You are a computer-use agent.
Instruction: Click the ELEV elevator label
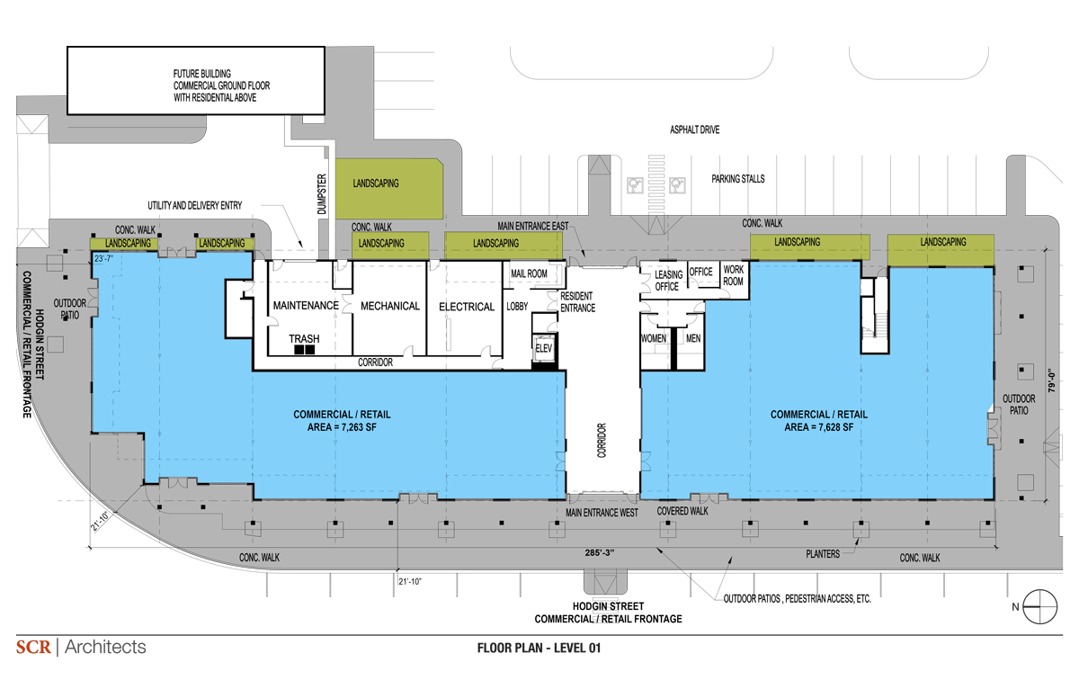click(x=543, y=348)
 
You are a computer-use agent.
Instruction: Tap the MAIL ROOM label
click(x=529, y=273)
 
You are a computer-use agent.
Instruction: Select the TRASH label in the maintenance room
click(x=304, y=338)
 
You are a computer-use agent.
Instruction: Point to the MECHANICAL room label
click(x=390, y=306)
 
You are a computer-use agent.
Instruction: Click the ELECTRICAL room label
click(x=467, y=307)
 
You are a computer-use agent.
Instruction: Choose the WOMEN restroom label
click(x=654, y=338)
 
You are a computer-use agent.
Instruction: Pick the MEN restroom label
click(x=693, y=338)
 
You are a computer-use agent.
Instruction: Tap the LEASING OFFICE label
click(x=669, y=281)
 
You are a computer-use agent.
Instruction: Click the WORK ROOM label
click(x=733, y=275)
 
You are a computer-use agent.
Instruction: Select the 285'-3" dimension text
click(x=599, y=553)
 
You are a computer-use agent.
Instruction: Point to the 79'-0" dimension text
click(x=1051, y=380)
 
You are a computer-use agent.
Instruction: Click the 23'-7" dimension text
click(x=103, y=259)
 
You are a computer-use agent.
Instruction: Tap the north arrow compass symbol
click(x=1039, y=606)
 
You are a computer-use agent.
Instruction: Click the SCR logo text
click(x=33, y=647)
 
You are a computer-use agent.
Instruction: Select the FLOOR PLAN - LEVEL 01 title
click(x=539, y=648)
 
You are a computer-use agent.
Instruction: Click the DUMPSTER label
click(x=322, y=194)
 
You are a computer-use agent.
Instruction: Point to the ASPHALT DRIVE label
click(x=694, y=130)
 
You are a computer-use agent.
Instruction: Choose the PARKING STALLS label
click(x=738, y=179)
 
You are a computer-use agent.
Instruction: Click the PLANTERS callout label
click(x=823, y=554)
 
